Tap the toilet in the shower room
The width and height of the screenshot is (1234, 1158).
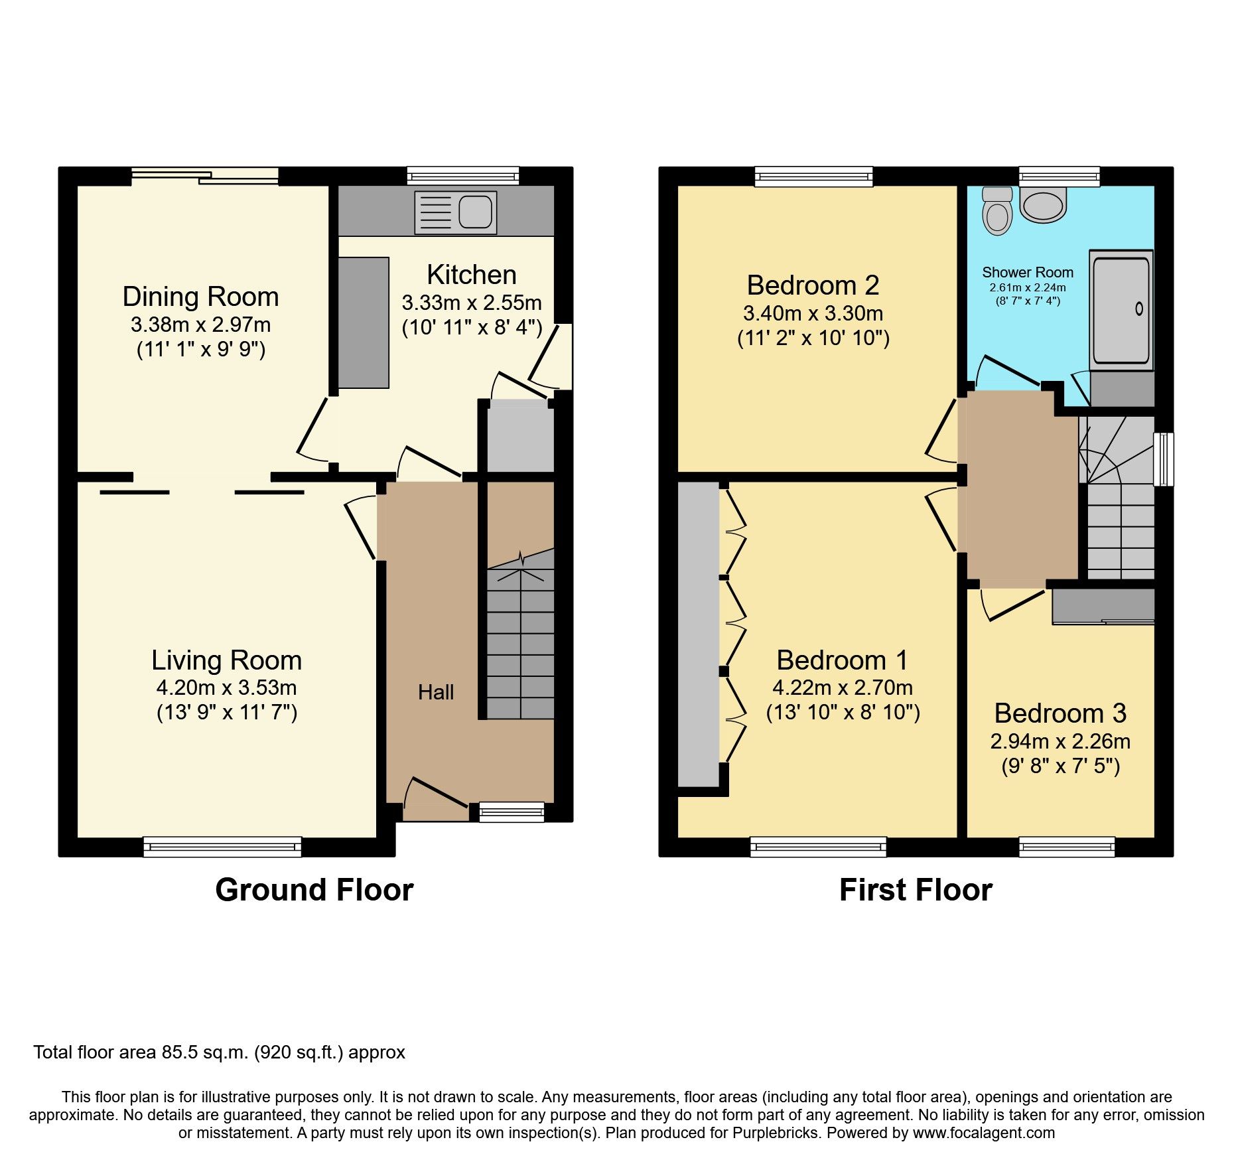coord(997,211)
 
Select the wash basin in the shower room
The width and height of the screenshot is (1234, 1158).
coord(1043,203)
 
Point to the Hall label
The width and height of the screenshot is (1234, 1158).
coord(436,692)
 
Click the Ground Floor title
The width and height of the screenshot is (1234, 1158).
coord(314,890)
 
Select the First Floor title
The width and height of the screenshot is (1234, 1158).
coord(916,890)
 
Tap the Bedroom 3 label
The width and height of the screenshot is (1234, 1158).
coord(1060,713)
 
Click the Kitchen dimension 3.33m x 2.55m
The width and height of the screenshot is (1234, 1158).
coord(472,303)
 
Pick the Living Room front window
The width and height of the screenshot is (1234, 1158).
coord(222,847)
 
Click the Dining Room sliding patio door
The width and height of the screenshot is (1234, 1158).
coord(204,176)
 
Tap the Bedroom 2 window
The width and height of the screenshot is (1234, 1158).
coord(814,176)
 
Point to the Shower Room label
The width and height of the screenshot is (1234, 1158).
coord(1028,272)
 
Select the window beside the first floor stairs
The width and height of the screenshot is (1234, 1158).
coord(1163,459)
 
